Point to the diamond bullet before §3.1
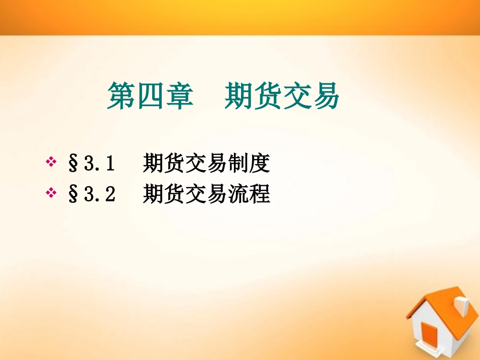pos(51,163)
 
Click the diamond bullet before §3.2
pos(51,192)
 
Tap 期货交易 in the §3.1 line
pos(184,163)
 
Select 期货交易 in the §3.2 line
pos(184,193)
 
